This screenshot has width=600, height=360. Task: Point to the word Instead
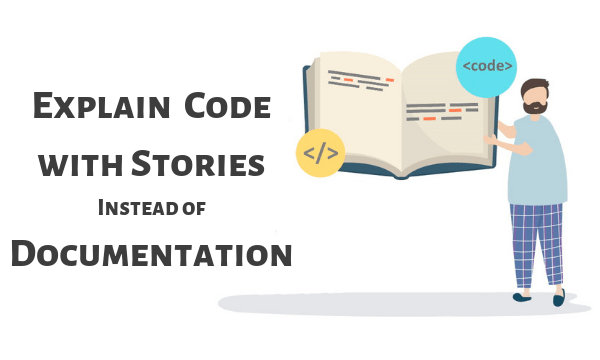pyautogui.click(x=143, y=208)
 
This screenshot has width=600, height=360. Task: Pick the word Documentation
pyautogui.click(x=151, y=253)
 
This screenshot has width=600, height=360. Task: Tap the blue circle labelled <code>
pyautogui.click(x=488, y=67)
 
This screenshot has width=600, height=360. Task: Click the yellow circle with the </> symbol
pyautogui.click(x=321, y=154)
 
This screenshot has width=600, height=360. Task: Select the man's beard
pyautogui.click(x=535, y=105)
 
